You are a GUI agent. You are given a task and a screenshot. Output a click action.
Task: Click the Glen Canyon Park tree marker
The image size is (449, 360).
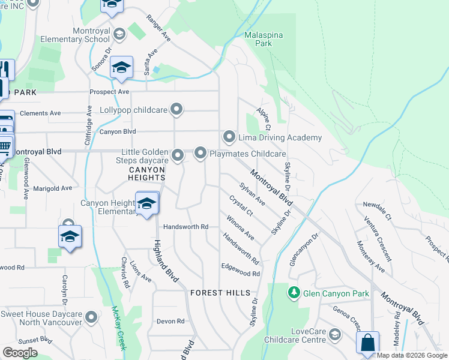point(294,293)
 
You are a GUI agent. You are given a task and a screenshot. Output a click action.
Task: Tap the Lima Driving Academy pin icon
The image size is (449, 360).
point(229,137)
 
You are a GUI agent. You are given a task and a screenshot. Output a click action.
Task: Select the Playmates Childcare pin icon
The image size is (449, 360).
point(200,154)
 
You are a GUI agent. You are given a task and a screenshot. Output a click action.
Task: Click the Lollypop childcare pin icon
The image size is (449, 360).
point(176,110)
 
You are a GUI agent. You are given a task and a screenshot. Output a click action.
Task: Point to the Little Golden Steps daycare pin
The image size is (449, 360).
point(178,156)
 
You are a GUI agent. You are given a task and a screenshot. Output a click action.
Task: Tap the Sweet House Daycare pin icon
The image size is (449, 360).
point(91,316)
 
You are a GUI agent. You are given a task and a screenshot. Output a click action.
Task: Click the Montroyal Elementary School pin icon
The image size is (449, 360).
point(119,34)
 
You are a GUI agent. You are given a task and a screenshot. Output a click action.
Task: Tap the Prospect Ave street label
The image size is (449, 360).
point(110,92)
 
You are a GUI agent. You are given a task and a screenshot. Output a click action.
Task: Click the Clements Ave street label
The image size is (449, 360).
point(40,113)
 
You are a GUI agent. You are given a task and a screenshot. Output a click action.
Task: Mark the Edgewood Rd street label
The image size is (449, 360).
point(240,269)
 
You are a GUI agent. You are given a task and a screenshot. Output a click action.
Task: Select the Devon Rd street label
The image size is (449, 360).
point(170,321)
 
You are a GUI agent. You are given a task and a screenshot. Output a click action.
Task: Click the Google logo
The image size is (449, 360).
point(19,352)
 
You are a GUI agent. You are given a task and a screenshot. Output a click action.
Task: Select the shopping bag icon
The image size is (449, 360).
point(367,343)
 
